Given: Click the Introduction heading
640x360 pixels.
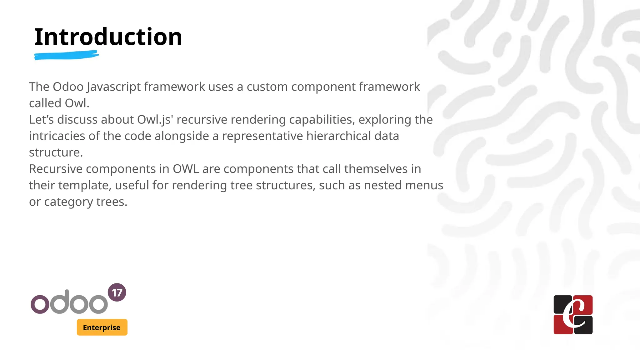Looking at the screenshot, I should tap(108, 37).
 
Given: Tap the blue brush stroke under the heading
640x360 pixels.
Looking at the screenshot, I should tap(66, 55).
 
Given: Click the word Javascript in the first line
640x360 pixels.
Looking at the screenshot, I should tap(114, 87).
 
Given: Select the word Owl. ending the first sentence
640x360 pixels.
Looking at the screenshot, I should tap(77, 103).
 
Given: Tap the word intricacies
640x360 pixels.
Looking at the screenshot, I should tap(57, 136).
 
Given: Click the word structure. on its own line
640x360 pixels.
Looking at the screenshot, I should tap(56, 152).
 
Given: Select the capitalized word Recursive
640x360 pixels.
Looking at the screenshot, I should tap(56, 169).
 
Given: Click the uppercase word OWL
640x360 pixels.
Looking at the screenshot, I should tap(186, 169).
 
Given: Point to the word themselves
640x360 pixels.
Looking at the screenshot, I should tap(376, 169).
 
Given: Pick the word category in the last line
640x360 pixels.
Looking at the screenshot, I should tap(68, 202).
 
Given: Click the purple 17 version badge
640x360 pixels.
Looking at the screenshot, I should tap(117, 292).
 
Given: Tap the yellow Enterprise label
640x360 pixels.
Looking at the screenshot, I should tap(102, 327).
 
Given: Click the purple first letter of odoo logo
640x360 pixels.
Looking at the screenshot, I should tap(40, 304).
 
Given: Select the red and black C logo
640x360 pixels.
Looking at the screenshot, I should tap(573, 315).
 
